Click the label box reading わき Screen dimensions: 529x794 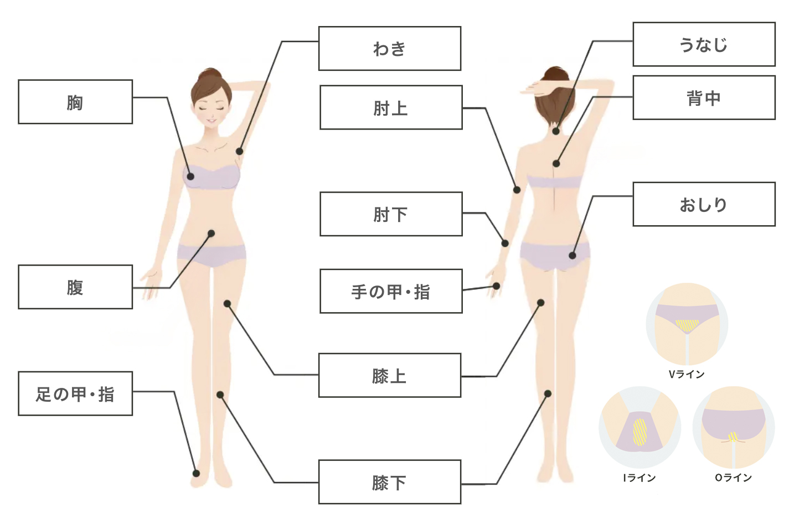[x=389, y=49]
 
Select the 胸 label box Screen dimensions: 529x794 [x=75, y=102]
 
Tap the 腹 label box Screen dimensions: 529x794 [x=75, y=287]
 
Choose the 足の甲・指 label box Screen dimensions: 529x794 [x=75, y=393]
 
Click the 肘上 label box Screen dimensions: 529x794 [x=391, y=107]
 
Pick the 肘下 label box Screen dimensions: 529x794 [x=391, y=214]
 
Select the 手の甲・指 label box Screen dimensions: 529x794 [x=391, y=291]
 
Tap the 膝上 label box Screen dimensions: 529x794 [x=389, y=375]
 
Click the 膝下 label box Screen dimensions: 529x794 [x=389, y=482]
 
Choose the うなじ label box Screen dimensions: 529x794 [x=704, y=44]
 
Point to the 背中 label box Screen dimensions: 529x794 [x=704, y=98]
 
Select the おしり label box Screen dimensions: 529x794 [x=704, y=204]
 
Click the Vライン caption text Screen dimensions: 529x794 [x=687, y=374]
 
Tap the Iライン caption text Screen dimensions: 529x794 [x=640, y=478]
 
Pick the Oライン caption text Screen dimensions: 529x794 [x=734, y=478]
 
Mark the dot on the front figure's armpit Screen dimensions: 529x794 [x=239, y=151]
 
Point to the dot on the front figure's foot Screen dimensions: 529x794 [x=196, y=473]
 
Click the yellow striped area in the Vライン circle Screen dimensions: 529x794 [x=687, y=325]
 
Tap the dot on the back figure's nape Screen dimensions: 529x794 [x=556, y=131]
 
